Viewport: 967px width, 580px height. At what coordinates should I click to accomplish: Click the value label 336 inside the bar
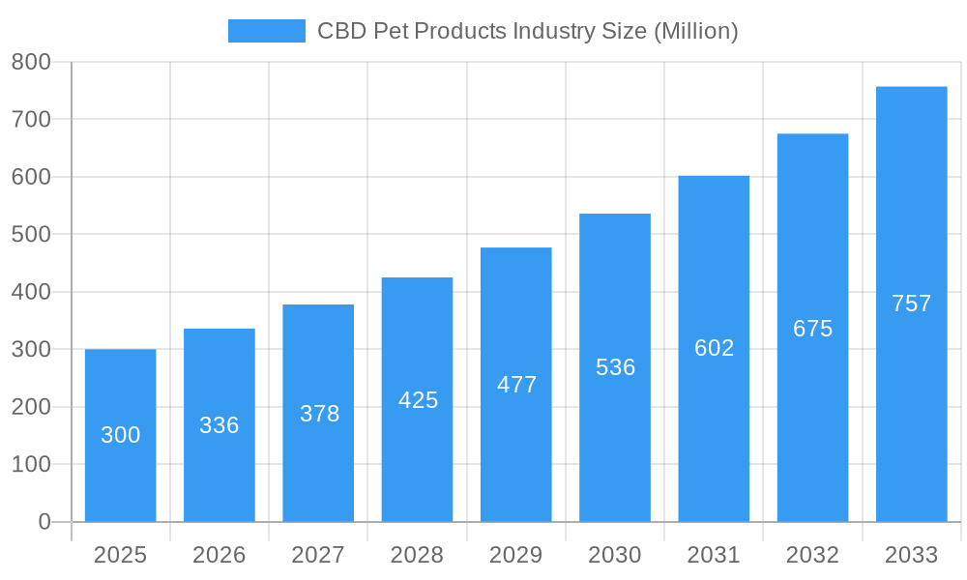click(220, 425)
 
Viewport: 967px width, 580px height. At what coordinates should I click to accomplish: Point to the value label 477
click(516, 385)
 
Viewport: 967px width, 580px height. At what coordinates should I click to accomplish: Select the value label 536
click(615, 367)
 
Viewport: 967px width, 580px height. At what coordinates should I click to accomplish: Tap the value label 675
click(812, 329)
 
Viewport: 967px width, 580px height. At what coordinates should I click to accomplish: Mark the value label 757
click(911, 304)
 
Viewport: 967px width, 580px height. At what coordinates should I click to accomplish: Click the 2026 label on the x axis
click(220, 555)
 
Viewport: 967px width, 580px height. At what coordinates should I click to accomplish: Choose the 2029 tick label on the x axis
click(516, 555)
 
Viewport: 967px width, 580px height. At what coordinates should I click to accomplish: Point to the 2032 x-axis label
click(812, 555)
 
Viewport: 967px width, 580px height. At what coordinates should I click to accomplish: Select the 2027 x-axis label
click(318, 555)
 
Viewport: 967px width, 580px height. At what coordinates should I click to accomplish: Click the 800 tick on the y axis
click(31, 62)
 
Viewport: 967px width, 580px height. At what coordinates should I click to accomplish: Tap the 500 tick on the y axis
click(31, 235)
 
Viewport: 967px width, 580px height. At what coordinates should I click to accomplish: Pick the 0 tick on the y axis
click(44, 522)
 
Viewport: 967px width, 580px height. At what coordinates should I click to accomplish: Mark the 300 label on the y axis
click(31, 349)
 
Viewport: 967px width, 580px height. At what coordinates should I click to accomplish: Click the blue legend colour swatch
click(266, 31)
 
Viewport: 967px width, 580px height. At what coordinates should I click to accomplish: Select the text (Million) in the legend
click(696, 31)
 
